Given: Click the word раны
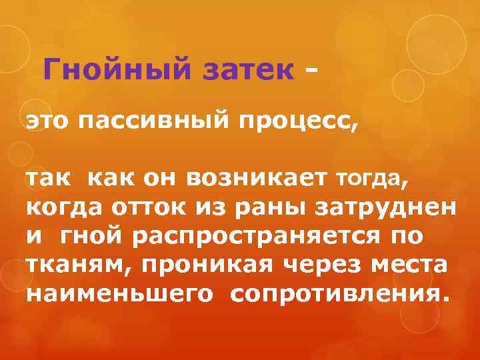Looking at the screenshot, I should pos(257,207).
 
